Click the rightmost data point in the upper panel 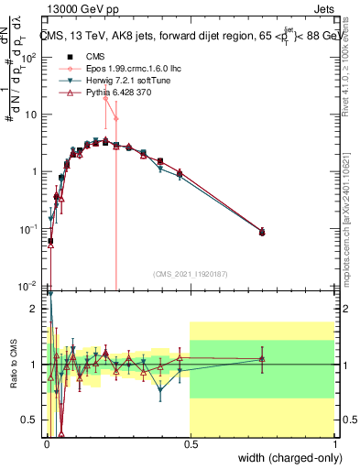pos(262,233)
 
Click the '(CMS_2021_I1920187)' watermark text pos(190,273)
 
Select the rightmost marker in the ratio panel pos(262,359)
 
